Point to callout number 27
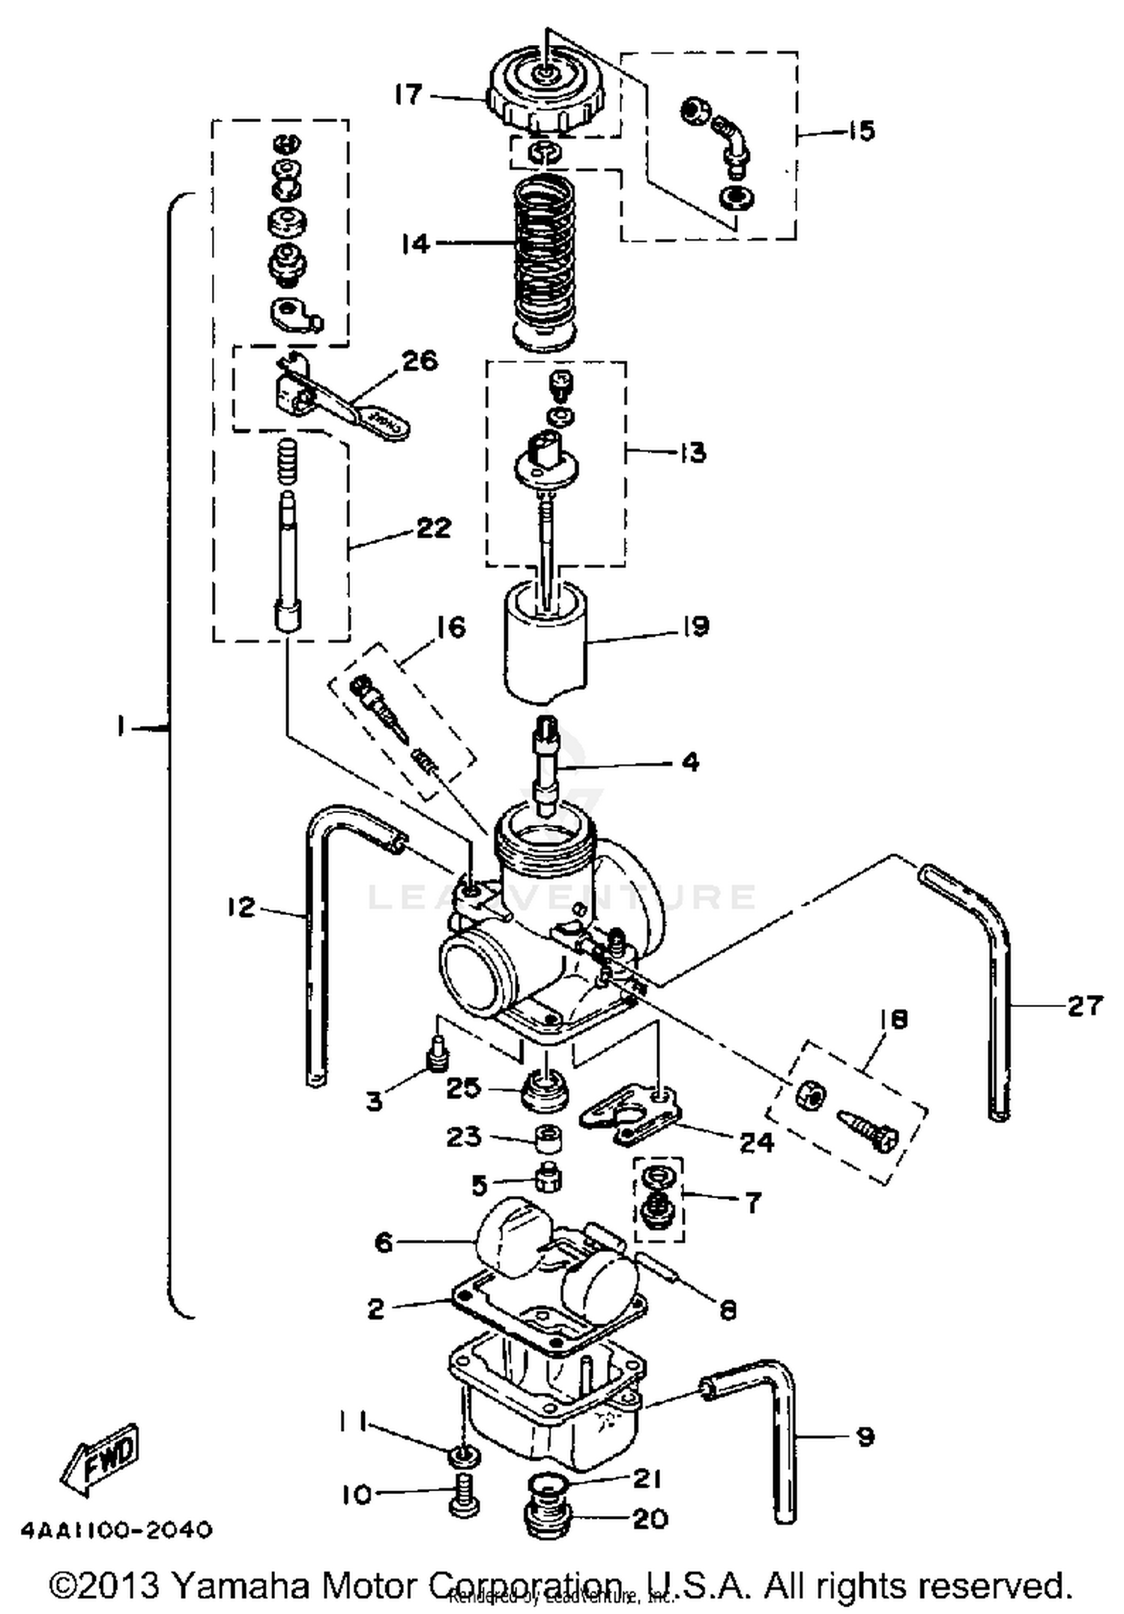[x=1084, y=1005]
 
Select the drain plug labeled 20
[x=547, y=1521]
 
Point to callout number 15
[x=862, y=131]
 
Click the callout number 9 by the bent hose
[x=864, y=1436]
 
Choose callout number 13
[x=692, y=452]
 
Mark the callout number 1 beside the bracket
[x=121, y=726]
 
